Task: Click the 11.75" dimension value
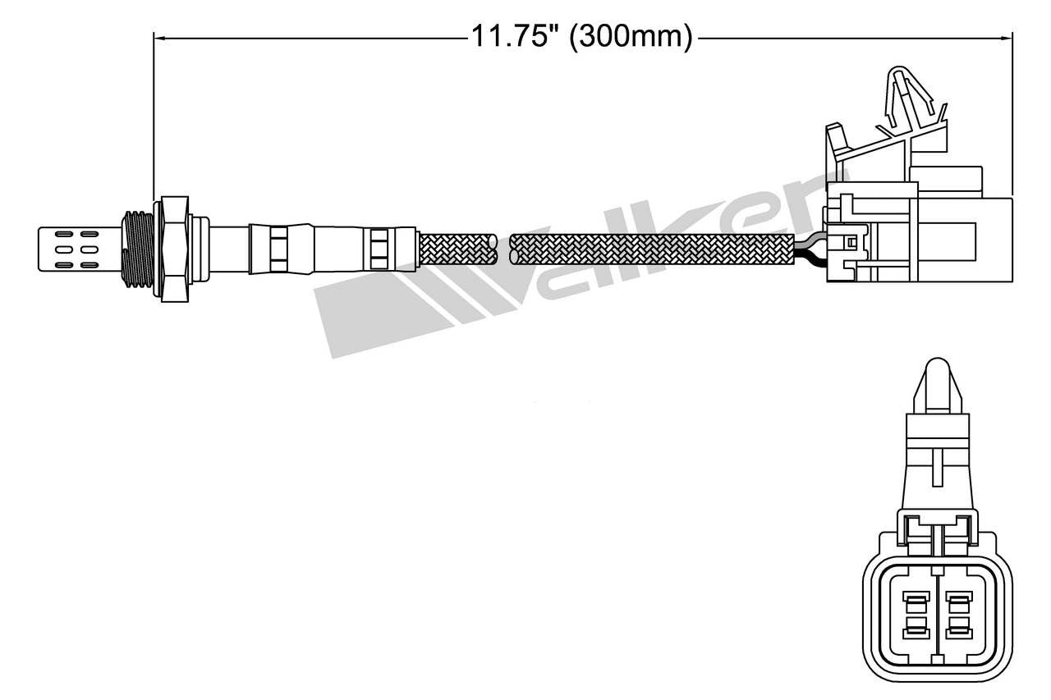point(514,37)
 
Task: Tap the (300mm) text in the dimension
point(631,37)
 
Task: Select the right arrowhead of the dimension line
point(1006,37)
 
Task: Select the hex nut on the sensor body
point(175,248)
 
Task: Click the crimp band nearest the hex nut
point(278,248)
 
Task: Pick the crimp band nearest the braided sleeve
point(379,248)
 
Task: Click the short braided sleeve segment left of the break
point(457,249)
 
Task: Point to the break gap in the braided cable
point(503,249)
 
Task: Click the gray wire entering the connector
point(810,239)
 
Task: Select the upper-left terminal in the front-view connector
point(914,602)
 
